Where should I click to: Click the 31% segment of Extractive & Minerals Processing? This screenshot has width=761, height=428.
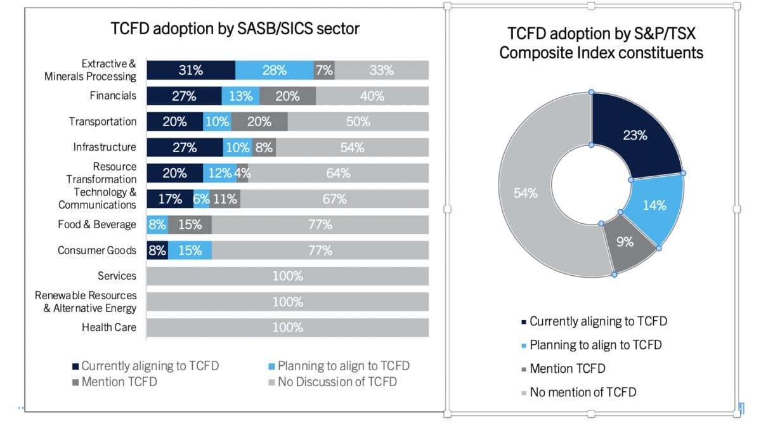pos(190,70)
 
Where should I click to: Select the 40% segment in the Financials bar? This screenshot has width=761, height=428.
pos(372,96)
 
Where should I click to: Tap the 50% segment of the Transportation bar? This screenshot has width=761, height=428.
pos(358,122)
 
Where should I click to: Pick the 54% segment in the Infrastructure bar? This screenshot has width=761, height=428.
pos(352,148)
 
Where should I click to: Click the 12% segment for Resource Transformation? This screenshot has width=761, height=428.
pos(219,173)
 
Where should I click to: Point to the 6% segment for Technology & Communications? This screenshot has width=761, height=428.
pos(201,199)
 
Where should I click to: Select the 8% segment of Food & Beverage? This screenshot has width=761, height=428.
pos(157,224)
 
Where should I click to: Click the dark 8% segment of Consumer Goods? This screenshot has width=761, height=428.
pos(157,250)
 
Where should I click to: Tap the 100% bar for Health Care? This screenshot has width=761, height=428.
pos(287,328)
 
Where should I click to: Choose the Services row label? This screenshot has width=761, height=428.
pos(117,276)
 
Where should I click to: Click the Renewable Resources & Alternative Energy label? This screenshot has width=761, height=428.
pos(86,302)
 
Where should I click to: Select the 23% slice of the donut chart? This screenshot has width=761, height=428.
pos(634,135)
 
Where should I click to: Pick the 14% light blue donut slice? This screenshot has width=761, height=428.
pos(654,205)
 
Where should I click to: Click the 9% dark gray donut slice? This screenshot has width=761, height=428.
pos(626,242)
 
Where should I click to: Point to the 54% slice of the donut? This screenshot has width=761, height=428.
pos(526,193)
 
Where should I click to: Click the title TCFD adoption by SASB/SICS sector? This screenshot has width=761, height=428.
pos(235,29)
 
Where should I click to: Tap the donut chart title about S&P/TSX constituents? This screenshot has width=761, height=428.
pos(601,43)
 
